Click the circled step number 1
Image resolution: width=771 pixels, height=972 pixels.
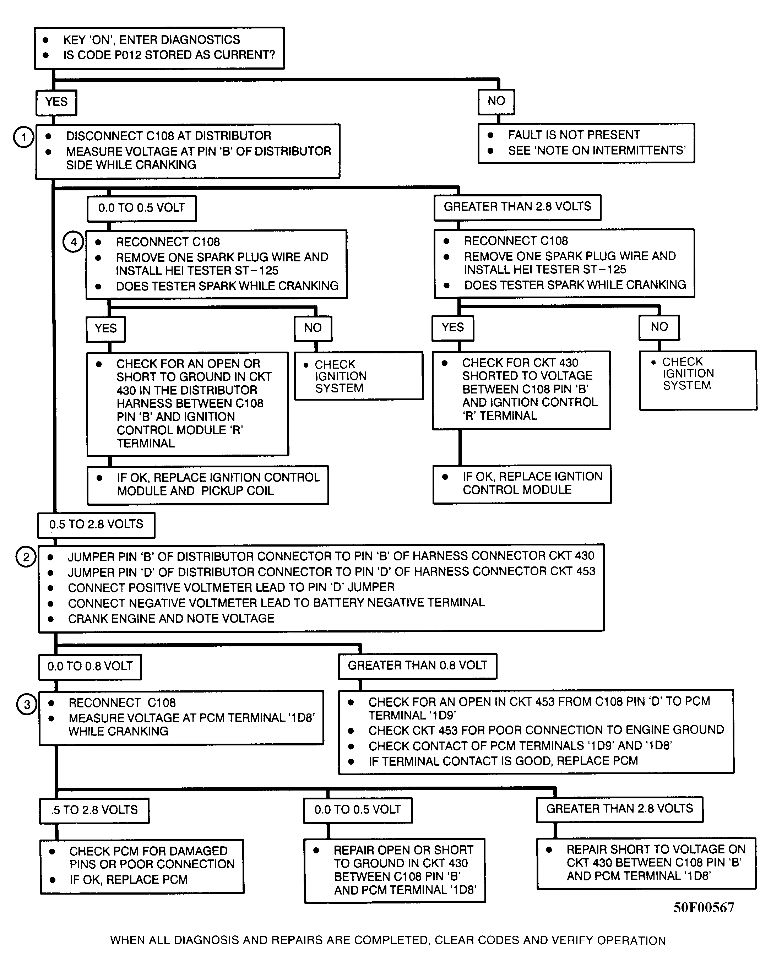tap(24, 137)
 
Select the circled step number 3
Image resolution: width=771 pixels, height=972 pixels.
tap(27, 704)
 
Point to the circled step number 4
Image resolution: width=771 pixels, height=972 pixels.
tap(73, 242)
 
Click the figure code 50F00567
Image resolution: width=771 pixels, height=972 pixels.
tap(704, 907)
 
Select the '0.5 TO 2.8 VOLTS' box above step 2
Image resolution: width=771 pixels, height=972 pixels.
tap(96, 525)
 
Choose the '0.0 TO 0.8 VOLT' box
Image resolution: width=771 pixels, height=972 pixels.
tap(90, 667)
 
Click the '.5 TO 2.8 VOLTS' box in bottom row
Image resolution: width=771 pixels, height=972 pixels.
tap(94, 810)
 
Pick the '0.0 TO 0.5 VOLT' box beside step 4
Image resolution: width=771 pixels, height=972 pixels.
tap(142, 208)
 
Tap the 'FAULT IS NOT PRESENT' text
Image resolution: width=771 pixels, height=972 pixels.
tap(574, 135)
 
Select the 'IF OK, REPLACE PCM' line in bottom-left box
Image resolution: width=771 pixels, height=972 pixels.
tap(128, 880)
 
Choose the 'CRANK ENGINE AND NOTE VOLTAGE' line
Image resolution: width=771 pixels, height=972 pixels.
tap(171, 619)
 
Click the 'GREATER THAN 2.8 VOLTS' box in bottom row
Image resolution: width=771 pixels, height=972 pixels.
tap(619, 809)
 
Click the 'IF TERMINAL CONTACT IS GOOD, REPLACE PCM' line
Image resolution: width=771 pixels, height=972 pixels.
tap(503, 761)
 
